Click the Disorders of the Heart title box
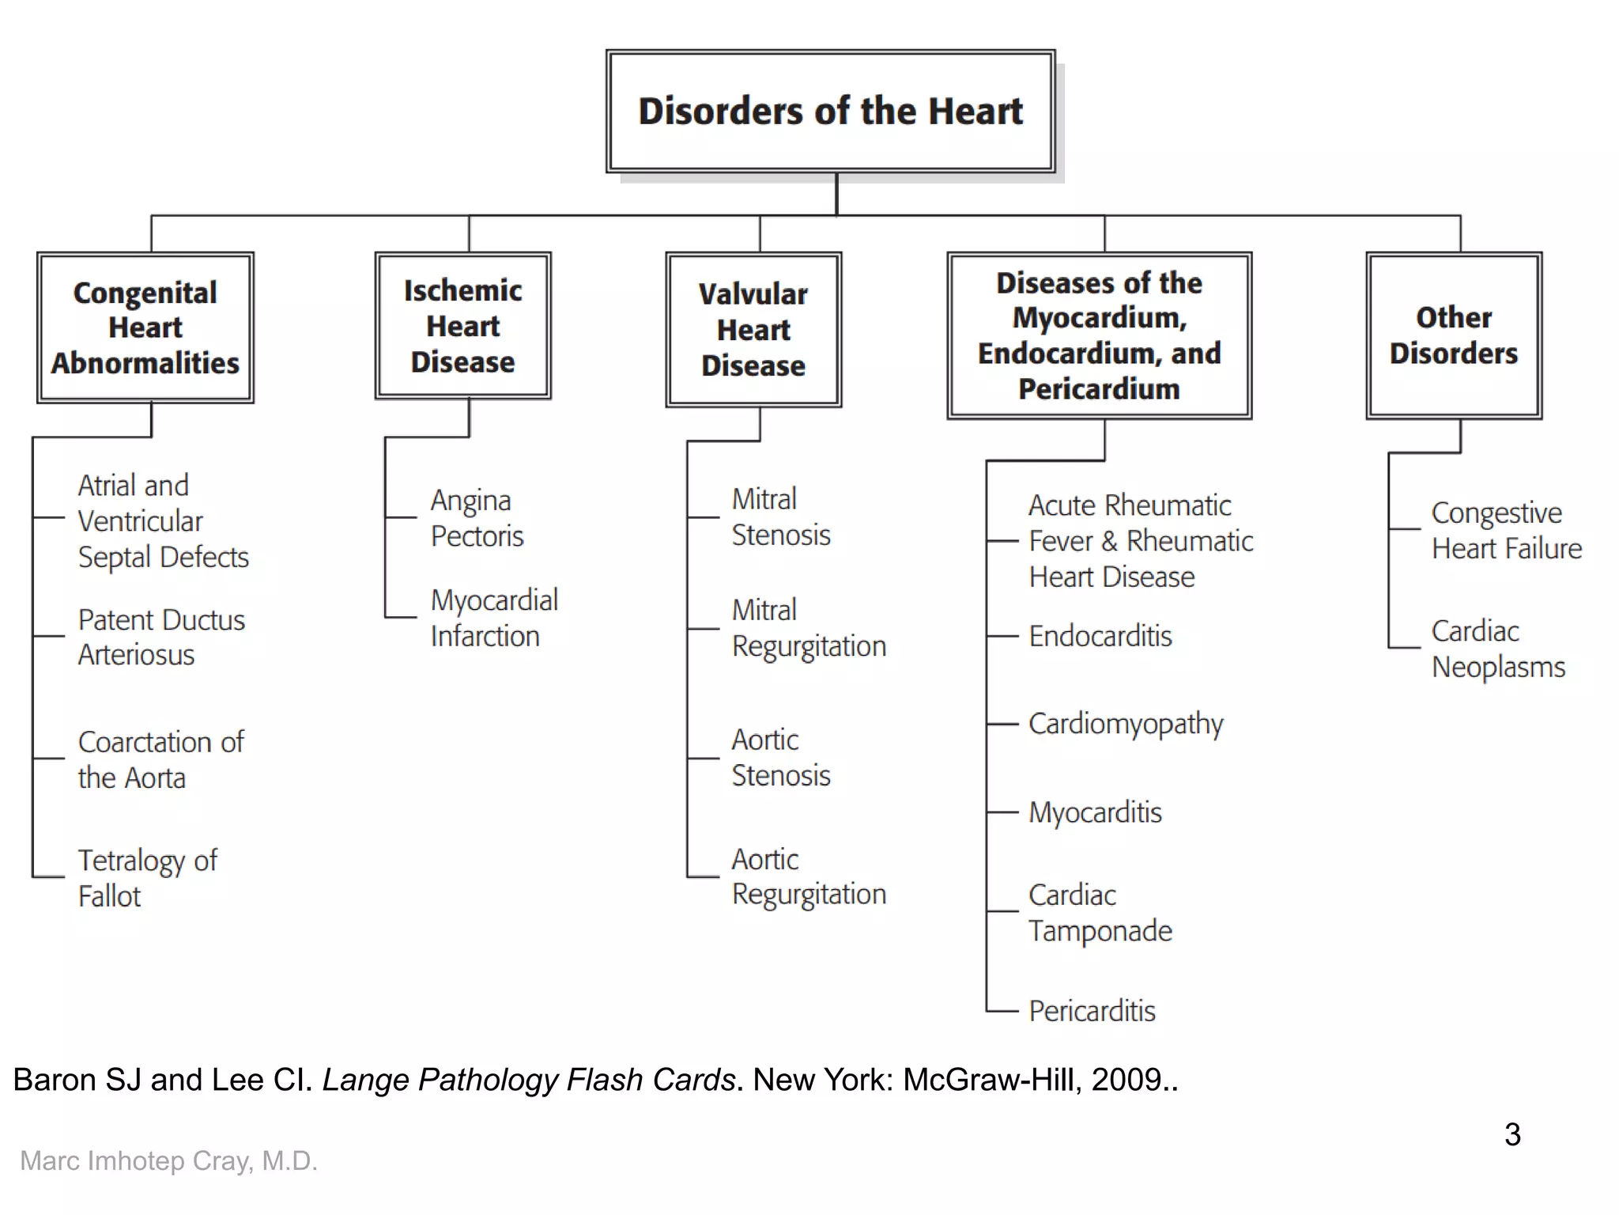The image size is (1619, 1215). pyautogui.click(x=830, y=112)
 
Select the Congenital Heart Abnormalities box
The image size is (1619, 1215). pyautogui.click(x=145, y=327)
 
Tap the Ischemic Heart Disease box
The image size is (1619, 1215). pyautogui.click(x=462, y=326)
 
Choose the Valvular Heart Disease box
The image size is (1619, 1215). pyautogui.click(x=753, y=330)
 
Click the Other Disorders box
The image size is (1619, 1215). pyautogui.click(x=1453, y=335)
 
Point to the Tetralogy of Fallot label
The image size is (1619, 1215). pyautogui.click(x=146, y=878)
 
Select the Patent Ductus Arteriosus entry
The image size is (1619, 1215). pyautogui.click(x=160, y=637)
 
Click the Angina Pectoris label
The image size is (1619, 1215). pyautogui.click(x=476, y=518)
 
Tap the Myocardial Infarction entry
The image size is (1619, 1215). pyautogui.click(x=493, y=618)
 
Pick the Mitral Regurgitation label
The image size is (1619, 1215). pyautogui.click(x=808, y=628)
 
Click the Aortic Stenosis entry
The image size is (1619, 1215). pyautogui.click(x=780, y=758)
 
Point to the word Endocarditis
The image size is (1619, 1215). pyautogui.click(x=1100, y=636)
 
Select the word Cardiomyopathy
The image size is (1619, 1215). pyautogui.click(x=1125, y=724)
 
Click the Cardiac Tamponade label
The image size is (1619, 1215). pyautogui.click(x=1099, y=913)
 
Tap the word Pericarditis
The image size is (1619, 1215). pyautogui.click(x=1092, y=1011)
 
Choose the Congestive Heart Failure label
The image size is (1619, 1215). pyautogui.click(x=1505, y=531)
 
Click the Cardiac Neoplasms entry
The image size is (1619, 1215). pyautogui.click(x=1497, y=649)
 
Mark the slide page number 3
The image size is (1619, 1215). pyautogui.click(x=1511, y=1134)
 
